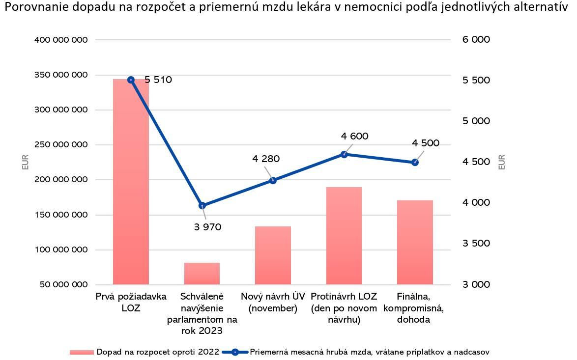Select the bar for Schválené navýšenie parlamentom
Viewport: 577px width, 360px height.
click(202, 274)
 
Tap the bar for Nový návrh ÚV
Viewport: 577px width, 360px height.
click(273, 255)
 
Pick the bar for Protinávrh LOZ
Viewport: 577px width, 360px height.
click(344, 236)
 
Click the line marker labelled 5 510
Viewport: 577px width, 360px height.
click(131, 80)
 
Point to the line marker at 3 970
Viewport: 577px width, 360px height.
click(202, 205)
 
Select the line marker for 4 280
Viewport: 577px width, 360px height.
click(273, 180)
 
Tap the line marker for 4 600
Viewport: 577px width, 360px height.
click(344, 154)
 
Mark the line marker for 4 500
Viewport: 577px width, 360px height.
click(415, 162)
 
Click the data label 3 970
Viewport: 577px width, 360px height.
click(208, 227)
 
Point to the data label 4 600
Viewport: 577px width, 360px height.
click(354, 136)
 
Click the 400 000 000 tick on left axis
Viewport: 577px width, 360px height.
click(61, 40)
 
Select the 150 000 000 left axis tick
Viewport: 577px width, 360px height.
click(61, 215)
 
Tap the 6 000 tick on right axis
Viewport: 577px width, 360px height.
click(476, 40)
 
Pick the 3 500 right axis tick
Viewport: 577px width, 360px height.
click(476, 244)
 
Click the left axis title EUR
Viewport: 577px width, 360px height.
click(26, 162)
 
